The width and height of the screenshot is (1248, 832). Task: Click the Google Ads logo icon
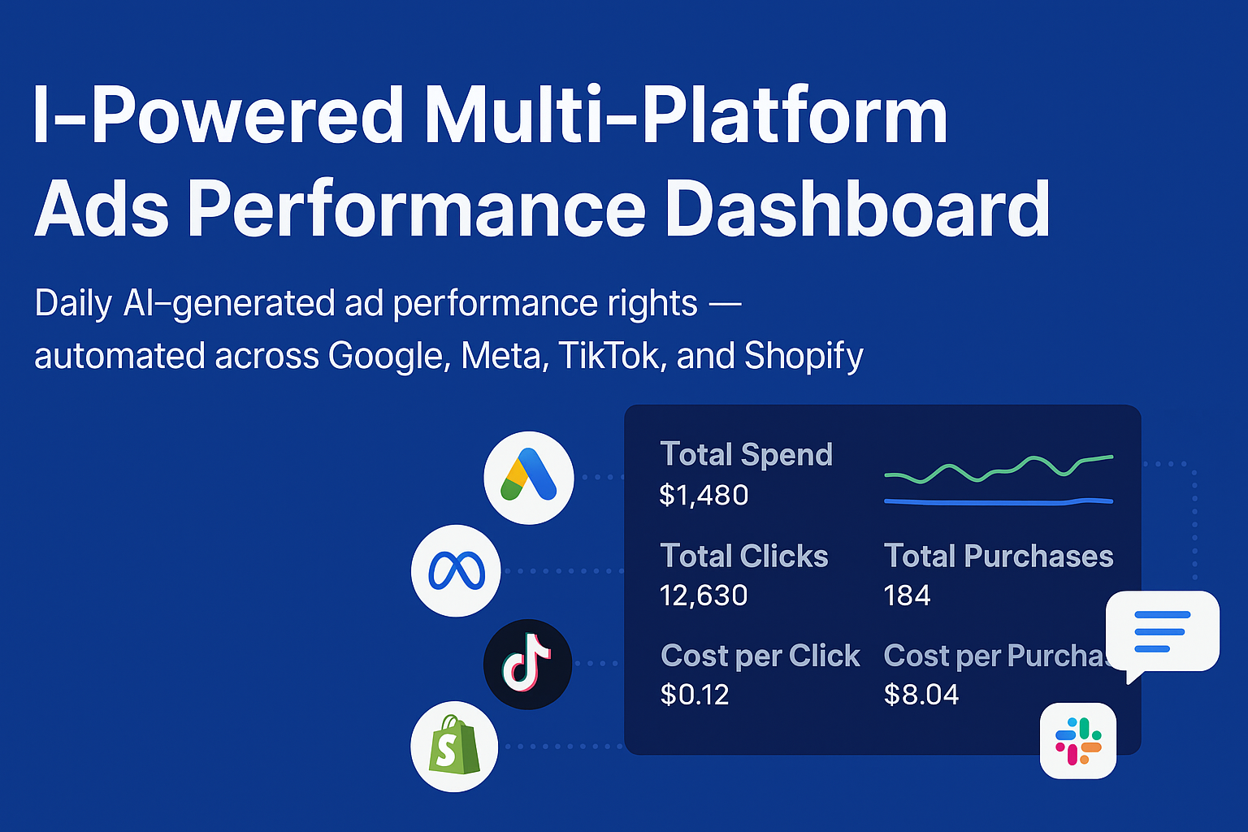(x=529, y=478)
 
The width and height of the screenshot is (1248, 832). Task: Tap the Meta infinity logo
(x=456, y=570)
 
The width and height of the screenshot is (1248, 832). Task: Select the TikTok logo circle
(x=527, y=665)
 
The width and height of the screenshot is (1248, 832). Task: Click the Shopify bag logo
(x=454, y=746)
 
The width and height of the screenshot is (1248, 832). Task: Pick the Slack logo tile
(x=1078, y=741)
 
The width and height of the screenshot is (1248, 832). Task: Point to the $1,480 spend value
(x=704, y=495)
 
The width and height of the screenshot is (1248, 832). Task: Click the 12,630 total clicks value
(x=704, y=596)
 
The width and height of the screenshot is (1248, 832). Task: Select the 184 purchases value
(x=907, y=596)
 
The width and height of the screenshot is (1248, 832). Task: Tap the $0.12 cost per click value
(x=695, y=695)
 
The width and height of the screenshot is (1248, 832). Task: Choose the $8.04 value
(x=921, y=695)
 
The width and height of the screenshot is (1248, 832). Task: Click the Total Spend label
(x=746, y=455)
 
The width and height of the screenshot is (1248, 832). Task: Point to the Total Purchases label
(x=999, y=556)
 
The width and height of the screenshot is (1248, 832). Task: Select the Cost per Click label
(x=760, y=656)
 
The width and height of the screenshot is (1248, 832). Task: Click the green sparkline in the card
(x=999, y=471)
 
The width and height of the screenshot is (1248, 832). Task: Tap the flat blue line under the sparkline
(x=999, y=503)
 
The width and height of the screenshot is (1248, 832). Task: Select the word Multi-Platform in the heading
(x=685, y=115)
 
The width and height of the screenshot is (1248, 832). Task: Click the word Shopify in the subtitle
(x=804, y=357)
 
